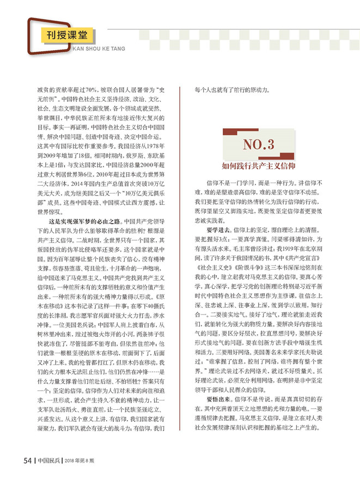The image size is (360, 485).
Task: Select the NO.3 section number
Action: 259,145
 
